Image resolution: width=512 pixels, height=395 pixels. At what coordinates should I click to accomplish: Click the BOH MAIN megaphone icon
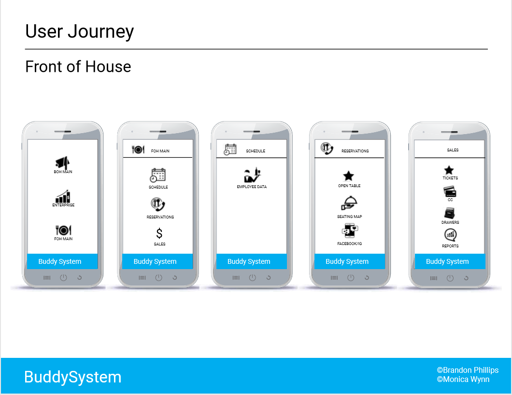click(x=63, y=163)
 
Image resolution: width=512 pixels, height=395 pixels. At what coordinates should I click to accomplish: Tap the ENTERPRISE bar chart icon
click(x=63, y=196)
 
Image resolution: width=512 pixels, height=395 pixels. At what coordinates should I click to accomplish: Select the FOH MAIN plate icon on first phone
click(x=63, y=230)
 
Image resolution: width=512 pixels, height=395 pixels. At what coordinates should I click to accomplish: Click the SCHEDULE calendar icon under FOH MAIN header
click(x=158, y=175)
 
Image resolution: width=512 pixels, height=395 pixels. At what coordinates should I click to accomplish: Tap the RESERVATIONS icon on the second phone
click(x=158, y=205)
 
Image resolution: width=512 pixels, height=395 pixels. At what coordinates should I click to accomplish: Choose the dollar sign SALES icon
click(x=159, y=234)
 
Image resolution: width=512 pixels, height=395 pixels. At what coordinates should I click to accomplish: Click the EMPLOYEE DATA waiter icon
click(x=252, y=176)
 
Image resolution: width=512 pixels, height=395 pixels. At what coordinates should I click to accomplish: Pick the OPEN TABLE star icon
click(x=348, y=176)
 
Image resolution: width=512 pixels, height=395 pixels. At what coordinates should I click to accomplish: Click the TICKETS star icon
click(x=449, y=170)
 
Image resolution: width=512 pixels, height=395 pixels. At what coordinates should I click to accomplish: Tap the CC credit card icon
click(x=450, y=191)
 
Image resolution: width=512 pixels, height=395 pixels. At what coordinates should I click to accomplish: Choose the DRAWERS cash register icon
click(x=450, y=213)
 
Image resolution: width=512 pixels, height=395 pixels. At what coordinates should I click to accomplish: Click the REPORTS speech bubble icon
click(x=450, y=235)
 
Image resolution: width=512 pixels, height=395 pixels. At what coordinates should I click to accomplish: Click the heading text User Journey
click(x=80, y=31)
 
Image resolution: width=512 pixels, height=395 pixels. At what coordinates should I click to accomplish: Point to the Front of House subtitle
click(x=78, y=67)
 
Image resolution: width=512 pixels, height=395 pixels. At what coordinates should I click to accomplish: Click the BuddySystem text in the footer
click(x=73, y=377)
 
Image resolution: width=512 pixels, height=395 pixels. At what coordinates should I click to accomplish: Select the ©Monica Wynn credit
click(x=463, y=379)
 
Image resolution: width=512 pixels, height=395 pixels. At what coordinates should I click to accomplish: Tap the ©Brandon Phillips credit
click(x=468, y=370)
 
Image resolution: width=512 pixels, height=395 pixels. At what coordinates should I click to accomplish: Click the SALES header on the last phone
click(x=453, y=150)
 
